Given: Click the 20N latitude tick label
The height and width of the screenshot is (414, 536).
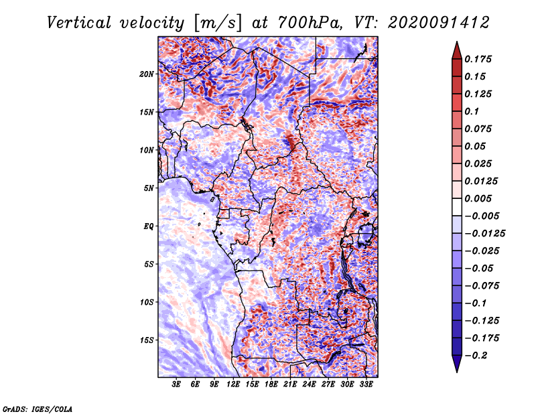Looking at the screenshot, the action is click(147, 74).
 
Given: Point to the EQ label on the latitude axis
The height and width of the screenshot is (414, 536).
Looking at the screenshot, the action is click(149, 226).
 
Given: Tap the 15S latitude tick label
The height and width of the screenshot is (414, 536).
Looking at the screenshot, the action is click(147, 340).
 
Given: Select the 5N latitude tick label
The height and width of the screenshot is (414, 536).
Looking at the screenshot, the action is click(149, 188).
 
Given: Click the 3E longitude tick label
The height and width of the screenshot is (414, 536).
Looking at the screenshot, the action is click(176, 385).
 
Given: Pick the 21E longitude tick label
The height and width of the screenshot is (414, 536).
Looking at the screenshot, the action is click(290, 385).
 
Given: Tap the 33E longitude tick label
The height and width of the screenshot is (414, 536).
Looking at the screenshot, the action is click(366, 385).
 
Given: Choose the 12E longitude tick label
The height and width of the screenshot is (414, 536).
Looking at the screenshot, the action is click(233, 385).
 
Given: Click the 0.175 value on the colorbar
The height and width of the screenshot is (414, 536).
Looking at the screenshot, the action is click(478, 59).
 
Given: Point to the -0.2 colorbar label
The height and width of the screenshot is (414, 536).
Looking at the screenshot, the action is click(476, 356).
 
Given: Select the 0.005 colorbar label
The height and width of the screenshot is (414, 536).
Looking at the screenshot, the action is click(478, 198).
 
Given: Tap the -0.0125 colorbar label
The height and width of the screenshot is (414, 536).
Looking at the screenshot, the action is click(484, 234).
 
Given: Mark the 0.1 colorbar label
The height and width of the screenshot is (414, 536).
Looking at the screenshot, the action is click(472, 111).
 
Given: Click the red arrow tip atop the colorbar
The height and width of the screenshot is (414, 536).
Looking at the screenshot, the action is click(457, 42).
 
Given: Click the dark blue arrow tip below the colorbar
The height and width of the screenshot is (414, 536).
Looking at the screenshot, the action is click(457, 372).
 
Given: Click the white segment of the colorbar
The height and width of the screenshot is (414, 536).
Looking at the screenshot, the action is click(457, 207).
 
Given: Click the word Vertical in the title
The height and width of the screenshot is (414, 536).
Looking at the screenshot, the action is click(79, 23).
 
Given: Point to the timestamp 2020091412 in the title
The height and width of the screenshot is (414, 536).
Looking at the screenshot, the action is click(439, 23).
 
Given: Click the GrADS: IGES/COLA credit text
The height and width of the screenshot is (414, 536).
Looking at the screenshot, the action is click(38, 409).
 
